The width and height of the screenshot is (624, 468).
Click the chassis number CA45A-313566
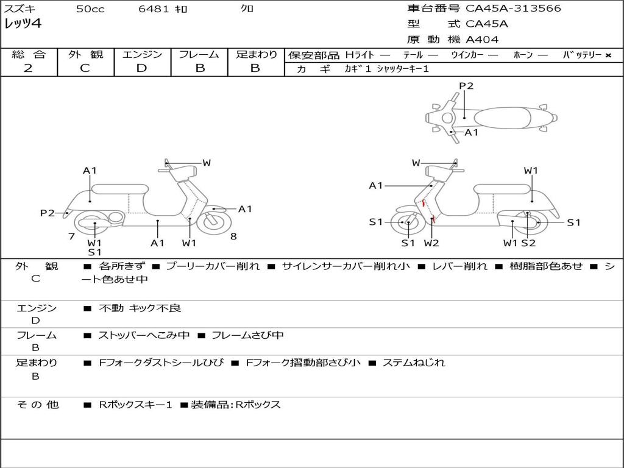(513, 9)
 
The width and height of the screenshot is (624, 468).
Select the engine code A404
(482, 40)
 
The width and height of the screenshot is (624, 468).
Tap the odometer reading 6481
(154, 9)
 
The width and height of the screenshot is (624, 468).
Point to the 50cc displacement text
(91, 9)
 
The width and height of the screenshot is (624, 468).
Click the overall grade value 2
(28, 68)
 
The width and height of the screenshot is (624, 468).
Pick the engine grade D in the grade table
(141, 68)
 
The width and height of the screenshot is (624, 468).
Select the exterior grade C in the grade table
(85, 68)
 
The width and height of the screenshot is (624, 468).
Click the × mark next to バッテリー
(608, 55)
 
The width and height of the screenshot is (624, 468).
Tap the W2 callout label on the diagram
(431, 243)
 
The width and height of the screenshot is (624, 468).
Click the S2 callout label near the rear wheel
(528, 243)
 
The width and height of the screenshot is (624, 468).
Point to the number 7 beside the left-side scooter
(72, 236)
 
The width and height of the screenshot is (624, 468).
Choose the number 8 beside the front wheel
(233, 236)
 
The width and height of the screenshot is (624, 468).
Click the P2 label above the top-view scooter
(466, 86)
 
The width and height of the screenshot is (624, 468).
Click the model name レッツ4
(23, 24)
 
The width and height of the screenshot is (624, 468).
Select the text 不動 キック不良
(140, 308)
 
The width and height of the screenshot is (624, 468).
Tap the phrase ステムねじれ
(414, 363)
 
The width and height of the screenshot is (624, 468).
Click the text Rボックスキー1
(135, 405)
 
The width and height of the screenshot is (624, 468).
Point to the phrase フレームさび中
(247, 335)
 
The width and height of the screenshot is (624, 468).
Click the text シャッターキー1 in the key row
(403, 69)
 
